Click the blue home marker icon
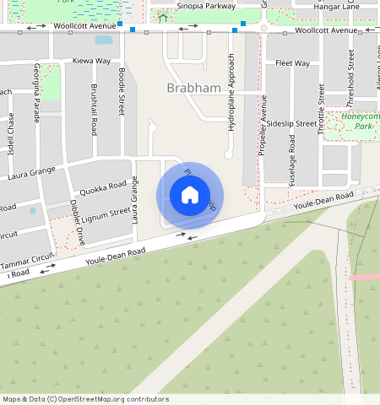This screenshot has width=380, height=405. (x=190, y=196)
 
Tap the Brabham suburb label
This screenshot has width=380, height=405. (x=193, y=88)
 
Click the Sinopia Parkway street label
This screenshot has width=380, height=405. (x=205, y=6)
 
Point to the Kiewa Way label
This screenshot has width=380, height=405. (x=92, y=62)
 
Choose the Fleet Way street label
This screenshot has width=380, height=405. (x=292, y=63)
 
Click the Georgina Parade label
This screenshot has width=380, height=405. (x=36, y=92)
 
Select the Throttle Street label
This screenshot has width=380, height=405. (x=322, y=110)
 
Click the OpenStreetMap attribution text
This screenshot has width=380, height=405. (x=85, y=399)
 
